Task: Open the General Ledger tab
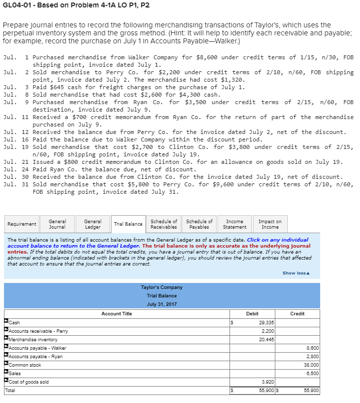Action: click(93, 224)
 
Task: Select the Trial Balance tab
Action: click(128, 224)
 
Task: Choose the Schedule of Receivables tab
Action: click(164, 224)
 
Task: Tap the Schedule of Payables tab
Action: click(199, 224)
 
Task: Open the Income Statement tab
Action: click(235, 224)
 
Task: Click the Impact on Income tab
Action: click(270, 224)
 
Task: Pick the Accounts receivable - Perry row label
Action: click(38, 331)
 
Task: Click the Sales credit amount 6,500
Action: click(312, 374)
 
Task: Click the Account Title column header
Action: click(117, 313)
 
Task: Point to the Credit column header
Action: click(297, 313)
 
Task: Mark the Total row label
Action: click(13, 391)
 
